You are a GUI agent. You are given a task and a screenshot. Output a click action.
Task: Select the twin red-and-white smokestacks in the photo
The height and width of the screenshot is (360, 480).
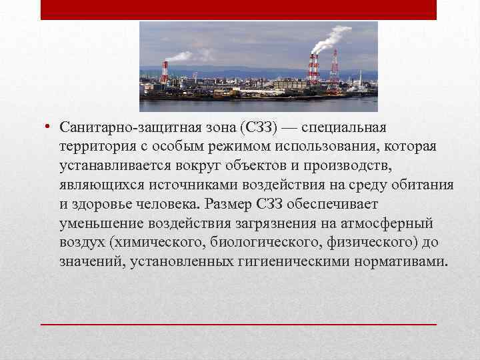coord(313,69)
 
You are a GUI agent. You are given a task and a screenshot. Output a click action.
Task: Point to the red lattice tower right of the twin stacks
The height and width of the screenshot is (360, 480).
coord(334,70)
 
